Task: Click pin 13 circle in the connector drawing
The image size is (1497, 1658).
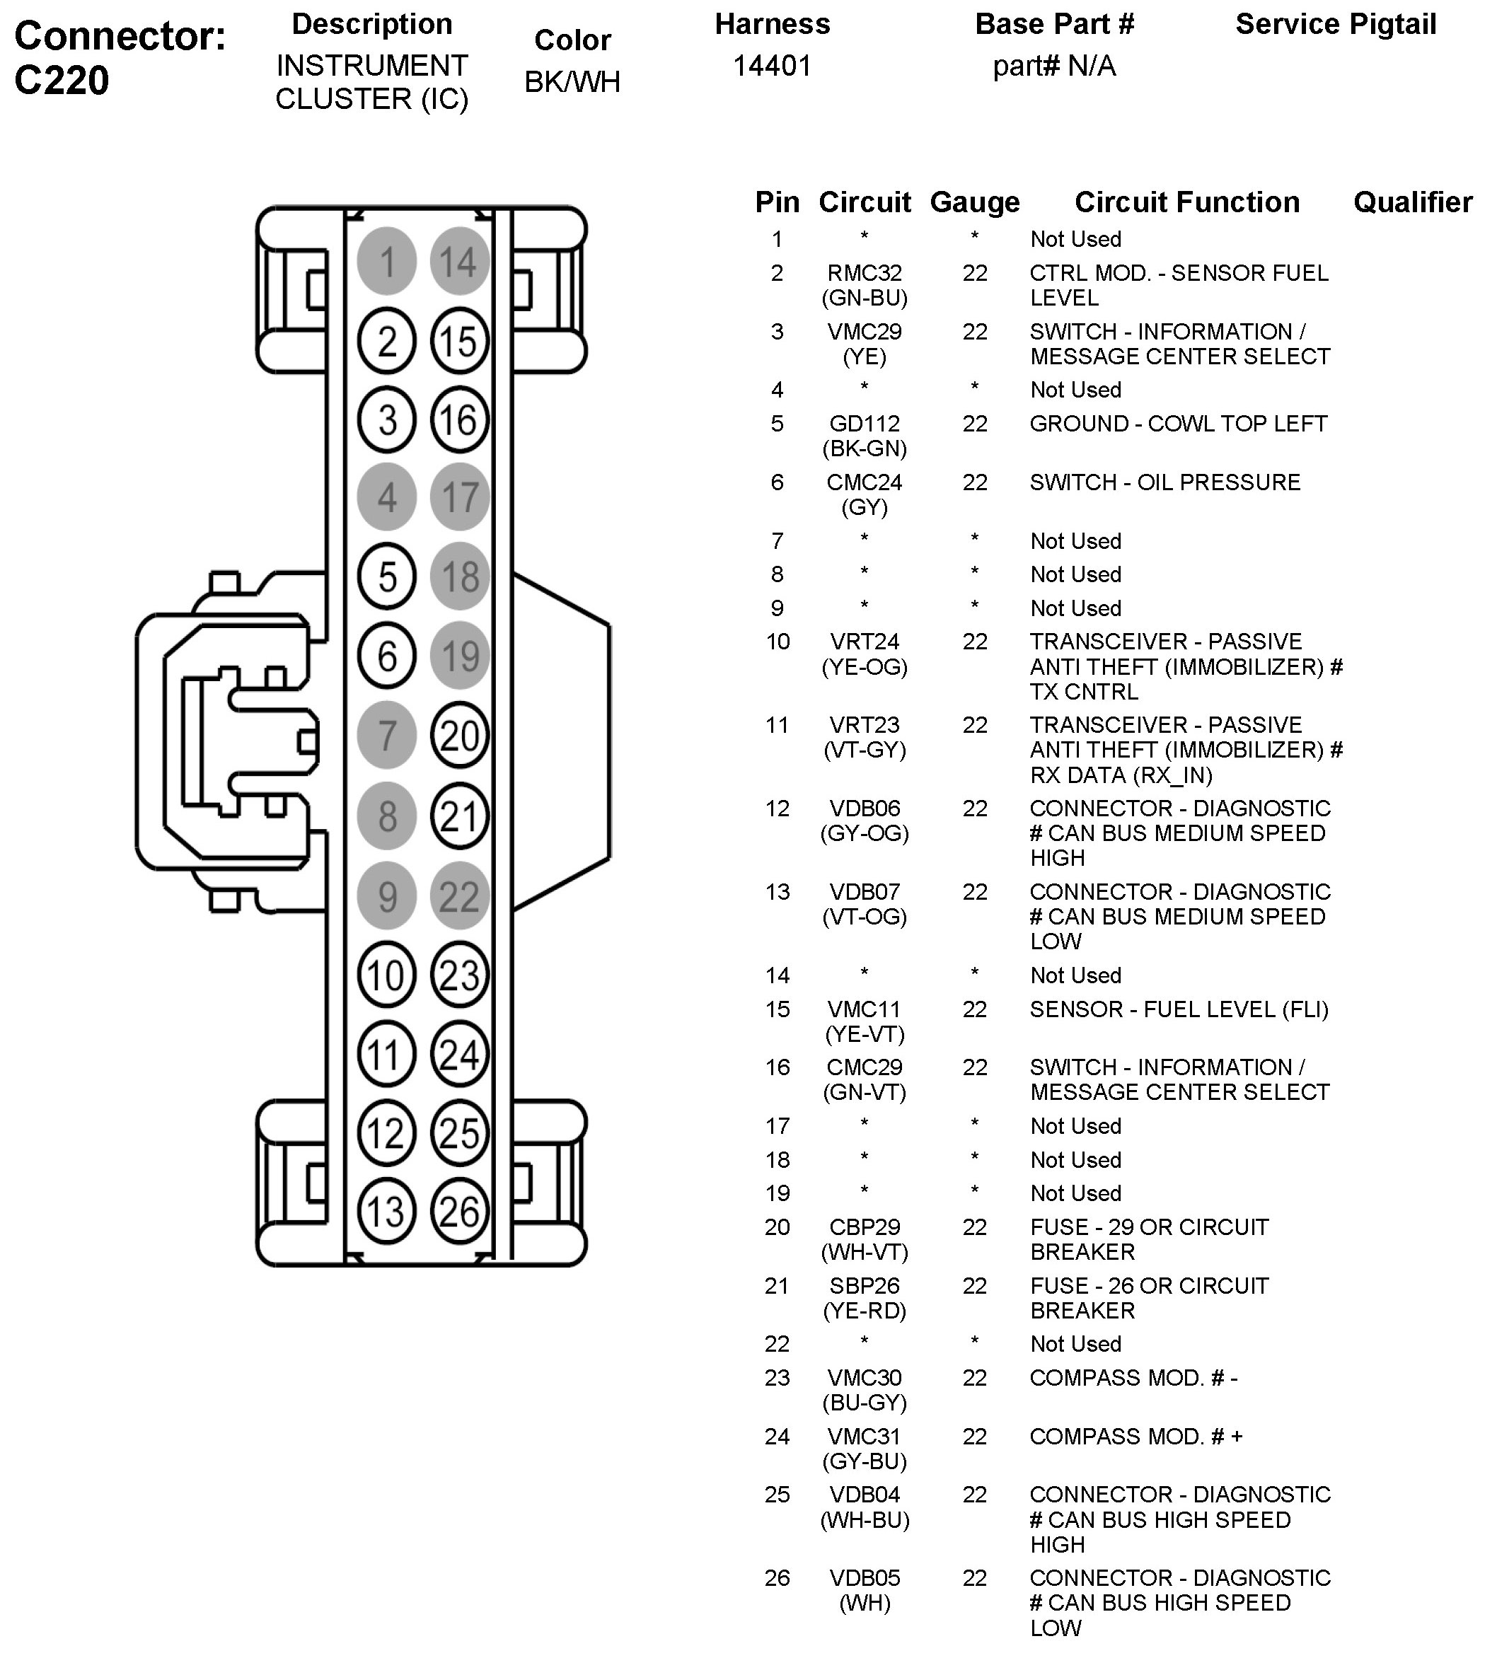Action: pyautogui.click(x=386, y=1212)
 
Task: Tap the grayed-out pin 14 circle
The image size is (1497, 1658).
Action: pyautogui.click(x=459, y=262)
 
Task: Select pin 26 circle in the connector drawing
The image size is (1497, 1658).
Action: pyautogui.click(x=459, y=1212)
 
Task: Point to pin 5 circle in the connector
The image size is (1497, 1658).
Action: pyautogui.click(x=386, y=576)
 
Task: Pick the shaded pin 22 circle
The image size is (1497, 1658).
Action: pyautogui.click(x=459, y=895)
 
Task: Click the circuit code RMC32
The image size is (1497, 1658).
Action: pyautogui.click(x=865, y=273)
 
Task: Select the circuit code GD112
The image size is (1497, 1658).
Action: pyautogui.click(x=865, y=424)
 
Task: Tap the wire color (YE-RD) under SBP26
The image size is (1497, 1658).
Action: pyautogui.click(x=865, y=1310)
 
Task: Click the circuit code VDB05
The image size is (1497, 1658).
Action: pyautogui.click(x=865, y=1577)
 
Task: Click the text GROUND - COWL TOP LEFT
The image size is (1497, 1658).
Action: pyautogui.click(x=1178, y=424)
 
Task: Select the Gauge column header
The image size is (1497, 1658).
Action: pyautogui.click(x=975, y=202)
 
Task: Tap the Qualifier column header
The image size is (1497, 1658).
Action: pyautogui.click(x=1412, y=202)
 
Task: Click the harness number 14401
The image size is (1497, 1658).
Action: pyautogui.click(x=773, y=66)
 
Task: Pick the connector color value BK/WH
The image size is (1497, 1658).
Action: pyautogui.click(x=572, y=82)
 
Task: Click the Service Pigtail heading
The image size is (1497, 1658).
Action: pyautogui.click(x=1336, y=25)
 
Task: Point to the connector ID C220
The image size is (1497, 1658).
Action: pyautogui.click(x=62, y=81)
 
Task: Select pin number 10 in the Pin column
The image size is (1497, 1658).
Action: pyautogui.click(x=778, y=642)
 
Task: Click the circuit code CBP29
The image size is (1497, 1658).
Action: pyautogui.click(x=865, y=1227)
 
